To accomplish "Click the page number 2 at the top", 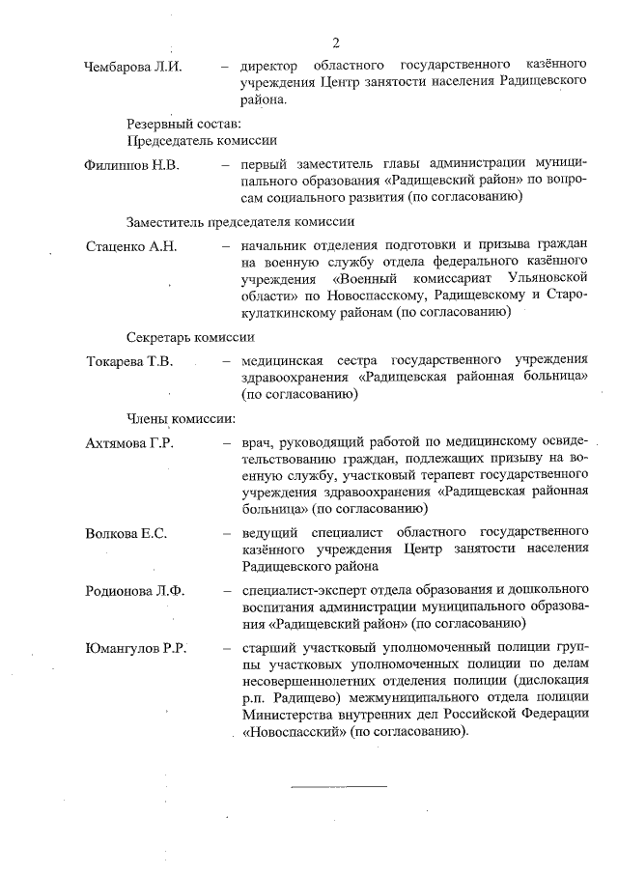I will (335, 43).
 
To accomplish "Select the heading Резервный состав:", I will (183, 124).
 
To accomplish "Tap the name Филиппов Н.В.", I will (133, 164).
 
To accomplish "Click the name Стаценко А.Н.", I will (131, 246).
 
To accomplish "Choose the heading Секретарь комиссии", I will (190, 337).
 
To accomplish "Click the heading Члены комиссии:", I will (182, 419).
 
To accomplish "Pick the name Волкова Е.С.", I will (126, 532).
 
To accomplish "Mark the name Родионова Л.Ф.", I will (134, 590).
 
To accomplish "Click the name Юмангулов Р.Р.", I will (135, 648).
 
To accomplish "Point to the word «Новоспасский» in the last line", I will (291, 731).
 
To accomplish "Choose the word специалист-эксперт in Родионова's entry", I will (302, 590).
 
